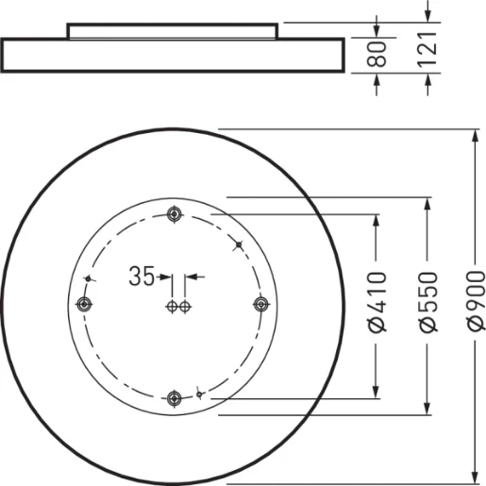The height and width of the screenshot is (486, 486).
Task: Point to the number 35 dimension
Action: coord(142,277)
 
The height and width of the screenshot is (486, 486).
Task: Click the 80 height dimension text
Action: coord(377,56)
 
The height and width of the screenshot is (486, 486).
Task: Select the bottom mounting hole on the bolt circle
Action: coord(173,397)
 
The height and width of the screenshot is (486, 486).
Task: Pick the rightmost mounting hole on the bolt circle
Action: coord(261,304)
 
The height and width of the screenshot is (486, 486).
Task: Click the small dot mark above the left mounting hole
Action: coord(88,279)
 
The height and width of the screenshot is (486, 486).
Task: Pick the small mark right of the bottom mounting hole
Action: coord(198,392)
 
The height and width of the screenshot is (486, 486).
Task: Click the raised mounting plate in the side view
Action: coord(173,30)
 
